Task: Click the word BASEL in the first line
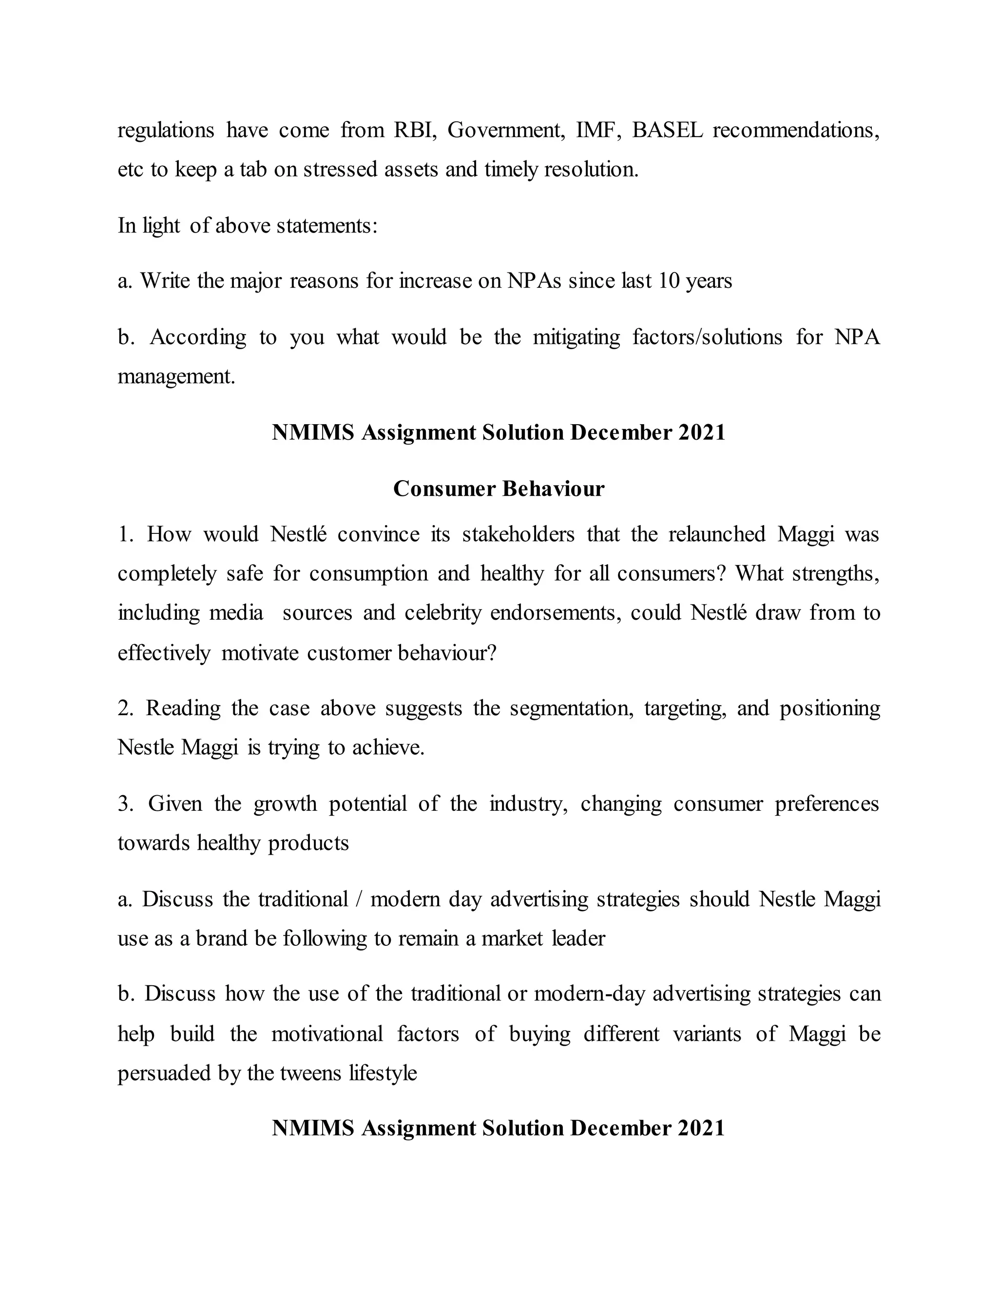[668, 130]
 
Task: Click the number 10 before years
[668, 280]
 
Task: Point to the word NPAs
[534, 280]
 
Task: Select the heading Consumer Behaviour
[499, 489]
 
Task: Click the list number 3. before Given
[125, 803]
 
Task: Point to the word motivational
[327, 1034]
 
